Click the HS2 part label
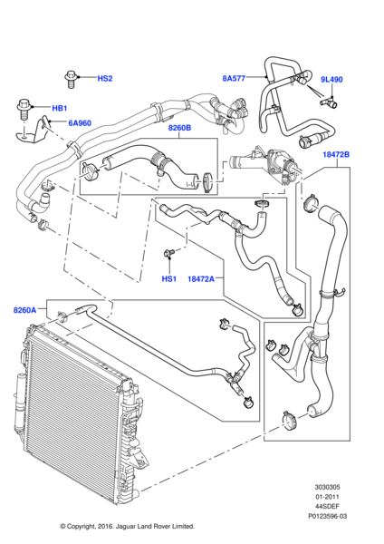click(105, 78)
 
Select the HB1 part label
click(59, 108)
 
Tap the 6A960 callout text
click(80, 123)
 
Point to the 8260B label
click(179, 128)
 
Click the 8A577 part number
click(234, 78)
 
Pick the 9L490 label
click(331, 80)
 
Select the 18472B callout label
click(336, 154)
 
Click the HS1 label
click(169, 278)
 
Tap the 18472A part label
click(201, 278)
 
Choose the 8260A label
click(24, 310)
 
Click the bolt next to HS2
click(71, 80)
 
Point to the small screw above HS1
click(168, 253)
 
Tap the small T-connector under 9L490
click(328, 102)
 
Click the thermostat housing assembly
click(267, 165)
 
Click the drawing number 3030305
click(327, 487)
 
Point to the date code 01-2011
click(327, 497)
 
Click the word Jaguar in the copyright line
click(127, 526)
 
